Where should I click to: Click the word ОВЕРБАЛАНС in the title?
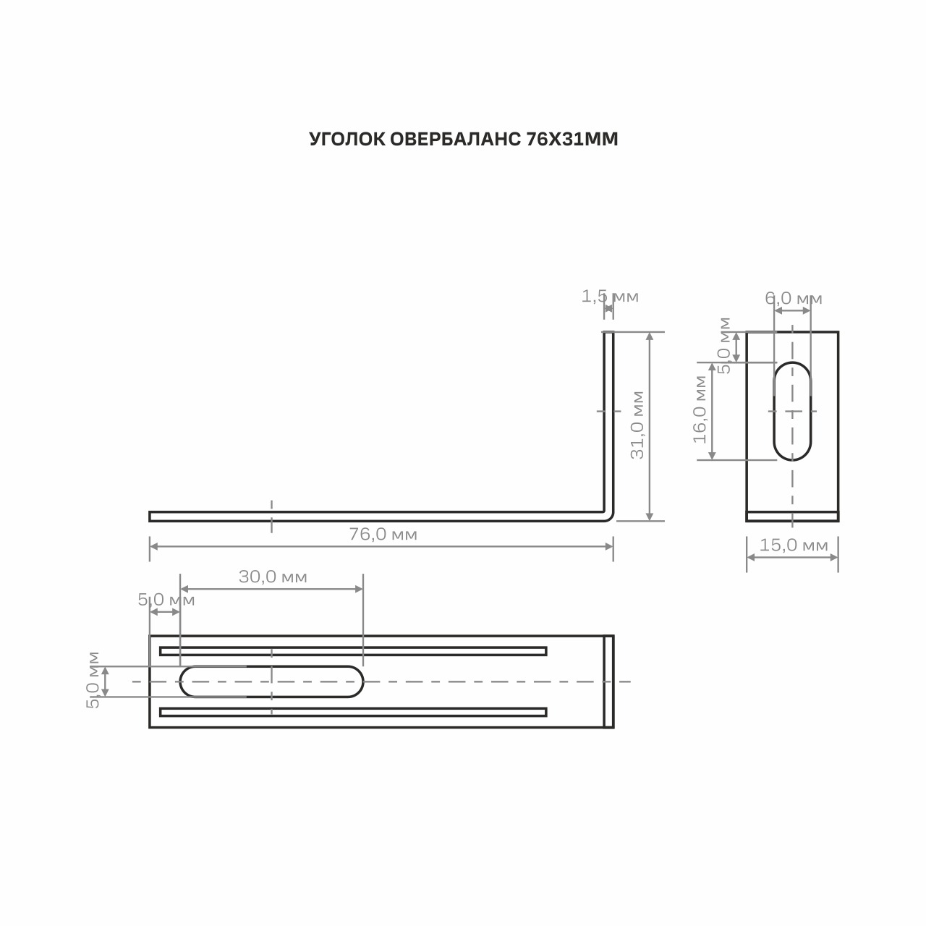[x=455, y=140]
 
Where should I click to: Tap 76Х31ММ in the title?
[x=572, y=140]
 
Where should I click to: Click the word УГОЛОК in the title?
[x=347, y=140]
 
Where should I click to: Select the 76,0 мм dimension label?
[x=383, y=534]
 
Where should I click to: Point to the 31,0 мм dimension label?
[x=637, y=425]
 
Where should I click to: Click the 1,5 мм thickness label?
[x=610, y=297]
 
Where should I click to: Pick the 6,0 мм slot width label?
[x=794, y=298]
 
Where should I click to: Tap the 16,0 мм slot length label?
[x=700, y=409]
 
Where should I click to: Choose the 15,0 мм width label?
[x=794, y=545]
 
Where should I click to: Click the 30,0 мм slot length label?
[x=273, y=577]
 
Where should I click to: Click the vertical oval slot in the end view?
[x=792, y=411]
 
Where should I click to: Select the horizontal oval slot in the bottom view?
[x=271, y=681]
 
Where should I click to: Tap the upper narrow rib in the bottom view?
[x=353, y=651]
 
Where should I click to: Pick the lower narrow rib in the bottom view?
[x=353, y=712]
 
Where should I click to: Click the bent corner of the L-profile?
[x=609, y=517]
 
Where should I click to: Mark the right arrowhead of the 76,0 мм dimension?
[x=609, y=546]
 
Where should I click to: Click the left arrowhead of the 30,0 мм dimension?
[x=184, y=589]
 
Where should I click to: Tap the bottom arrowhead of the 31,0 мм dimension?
[x=650, y=516]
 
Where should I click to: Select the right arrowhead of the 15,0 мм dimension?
[x=834, y=558]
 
